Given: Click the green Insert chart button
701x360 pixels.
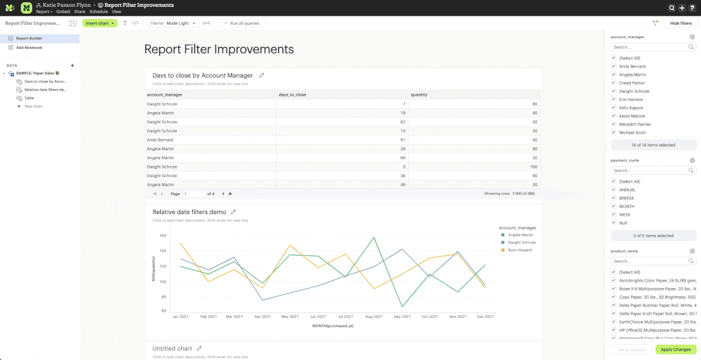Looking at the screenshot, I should click(100, 23).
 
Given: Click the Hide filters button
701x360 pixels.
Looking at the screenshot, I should click(680, 23).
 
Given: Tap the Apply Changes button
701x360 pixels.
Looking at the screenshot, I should click(675, 349).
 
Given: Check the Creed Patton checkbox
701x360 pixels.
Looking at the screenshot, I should click(614, 83).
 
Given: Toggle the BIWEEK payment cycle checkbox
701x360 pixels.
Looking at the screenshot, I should click(614, 198).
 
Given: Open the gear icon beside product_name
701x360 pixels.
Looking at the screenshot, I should click(692, 251).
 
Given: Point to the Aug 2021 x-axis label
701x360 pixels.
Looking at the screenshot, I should click(373, 317).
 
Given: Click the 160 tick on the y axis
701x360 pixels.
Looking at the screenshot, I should click(162, 236).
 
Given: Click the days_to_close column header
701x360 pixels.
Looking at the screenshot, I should click(292, 95).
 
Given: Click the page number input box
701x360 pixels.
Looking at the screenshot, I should click(193, 194).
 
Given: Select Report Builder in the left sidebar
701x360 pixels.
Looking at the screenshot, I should click(29, 38).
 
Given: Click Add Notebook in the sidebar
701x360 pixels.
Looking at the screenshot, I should click(29, 48).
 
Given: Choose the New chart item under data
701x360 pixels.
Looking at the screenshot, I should click(33, 106).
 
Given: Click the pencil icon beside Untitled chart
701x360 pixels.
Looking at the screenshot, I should click(200, 348).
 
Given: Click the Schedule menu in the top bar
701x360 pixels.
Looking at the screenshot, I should click(98, 12).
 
